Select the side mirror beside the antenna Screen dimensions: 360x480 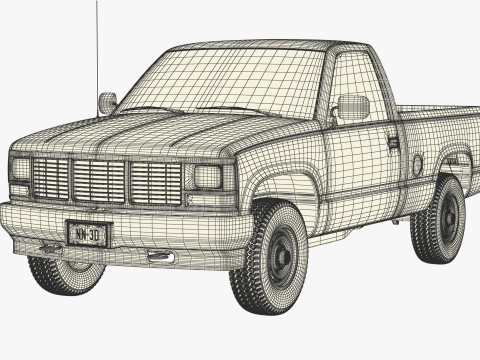coord(107,102)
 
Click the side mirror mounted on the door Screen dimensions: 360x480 coord(353,107)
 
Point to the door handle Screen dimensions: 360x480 coord(393,142)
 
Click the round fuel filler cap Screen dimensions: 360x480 coord(417,164)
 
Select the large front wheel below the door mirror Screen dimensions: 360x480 coord(275,254)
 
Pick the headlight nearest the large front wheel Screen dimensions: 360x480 coord(207,178)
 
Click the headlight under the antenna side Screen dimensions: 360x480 coord(20,169)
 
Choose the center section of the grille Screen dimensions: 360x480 coord(99,181)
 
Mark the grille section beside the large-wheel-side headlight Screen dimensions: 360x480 coord(156,183)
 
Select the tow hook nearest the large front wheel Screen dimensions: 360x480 coord(160,258)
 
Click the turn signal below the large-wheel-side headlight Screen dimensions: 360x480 coord(205,200)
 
